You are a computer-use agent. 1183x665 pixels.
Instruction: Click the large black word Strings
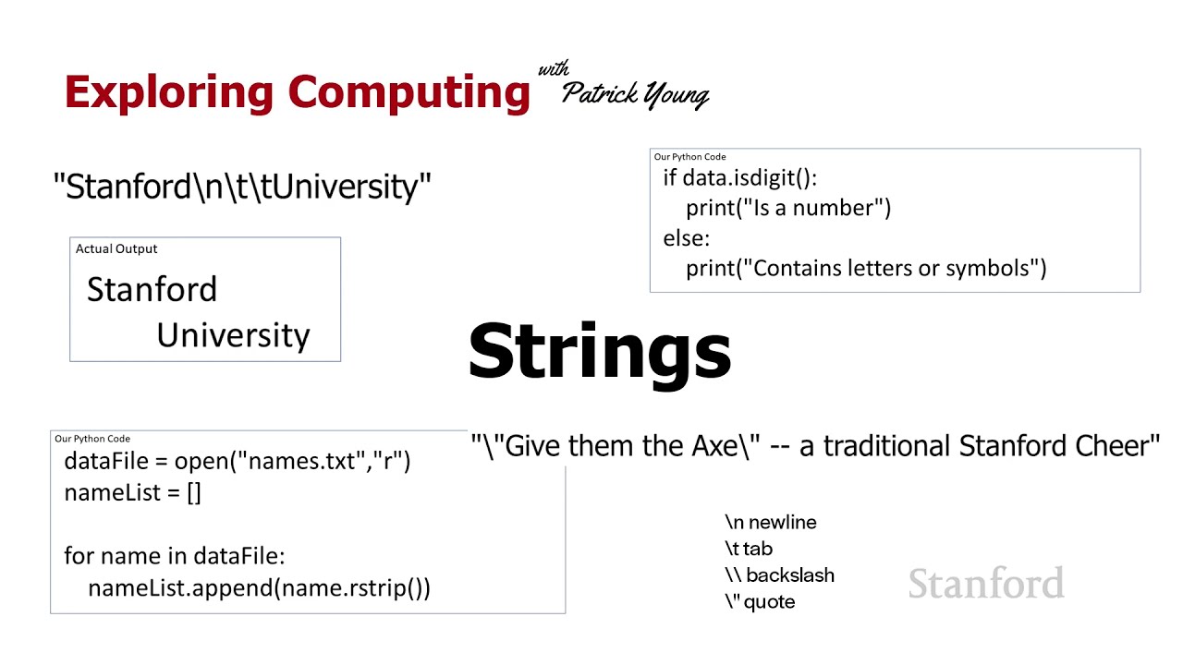(600, 351)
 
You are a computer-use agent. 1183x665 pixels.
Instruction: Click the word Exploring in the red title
(170, 92)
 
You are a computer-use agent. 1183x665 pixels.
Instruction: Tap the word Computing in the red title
(409, 92)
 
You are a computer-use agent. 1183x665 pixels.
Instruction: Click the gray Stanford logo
(986, 584)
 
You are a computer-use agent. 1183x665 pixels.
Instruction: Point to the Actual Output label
(116, 248)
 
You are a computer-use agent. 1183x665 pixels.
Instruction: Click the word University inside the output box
(233, 335)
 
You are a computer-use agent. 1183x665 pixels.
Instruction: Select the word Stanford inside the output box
(152, 289)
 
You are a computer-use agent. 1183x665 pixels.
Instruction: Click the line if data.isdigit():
(739, 177)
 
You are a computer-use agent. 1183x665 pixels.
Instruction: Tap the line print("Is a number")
(788, 208)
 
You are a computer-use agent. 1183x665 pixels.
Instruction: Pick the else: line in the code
(686, 238)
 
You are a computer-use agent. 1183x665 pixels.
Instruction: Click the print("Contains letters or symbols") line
(866, 268)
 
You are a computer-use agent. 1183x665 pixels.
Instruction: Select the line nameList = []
(132, 492)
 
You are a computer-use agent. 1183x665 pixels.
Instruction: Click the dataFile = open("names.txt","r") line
(237, 461)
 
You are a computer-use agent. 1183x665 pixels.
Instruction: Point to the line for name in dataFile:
(175, 556)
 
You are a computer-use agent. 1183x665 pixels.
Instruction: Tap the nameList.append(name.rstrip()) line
(259, 587)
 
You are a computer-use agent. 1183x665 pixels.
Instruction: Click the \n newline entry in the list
(771, 523)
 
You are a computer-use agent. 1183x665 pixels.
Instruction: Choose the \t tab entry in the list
(749, 549)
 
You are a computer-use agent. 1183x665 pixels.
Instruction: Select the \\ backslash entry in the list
(779, 574)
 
